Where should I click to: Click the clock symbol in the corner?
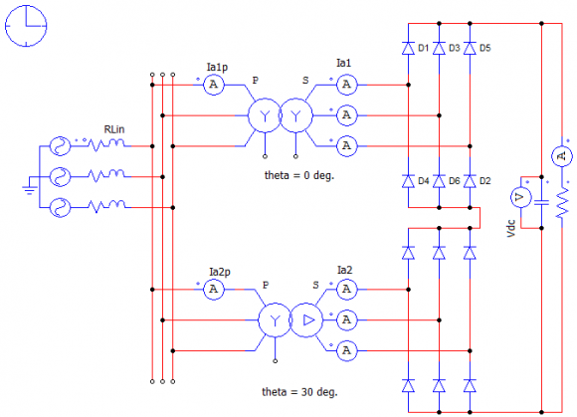point(26,26)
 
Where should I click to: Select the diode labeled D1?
point(408,48)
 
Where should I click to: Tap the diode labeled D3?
point(439,48)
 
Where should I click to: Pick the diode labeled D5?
point(470,48)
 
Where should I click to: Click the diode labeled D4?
point(408,181)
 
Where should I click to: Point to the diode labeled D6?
point(439,181)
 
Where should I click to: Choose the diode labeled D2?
point(470,181)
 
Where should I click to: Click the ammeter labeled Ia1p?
point(214,85)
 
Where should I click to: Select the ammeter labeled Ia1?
point(346,85)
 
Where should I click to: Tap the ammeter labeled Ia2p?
point(214,290)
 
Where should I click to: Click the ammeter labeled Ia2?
point(346,290)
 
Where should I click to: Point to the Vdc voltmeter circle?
point(520,197)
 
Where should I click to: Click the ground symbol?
point(30,190)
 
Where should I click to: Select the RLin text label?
point(114,129)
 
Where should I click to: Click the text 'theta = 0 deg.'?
point(299,175)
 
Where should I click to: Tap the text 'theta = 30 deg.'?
point(299,392)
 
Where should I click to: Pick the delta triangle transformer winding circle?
point(306,320)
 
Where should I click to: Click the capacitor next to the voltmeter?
point(541,202)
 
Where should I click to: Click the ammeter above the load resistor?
point(561,156)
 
